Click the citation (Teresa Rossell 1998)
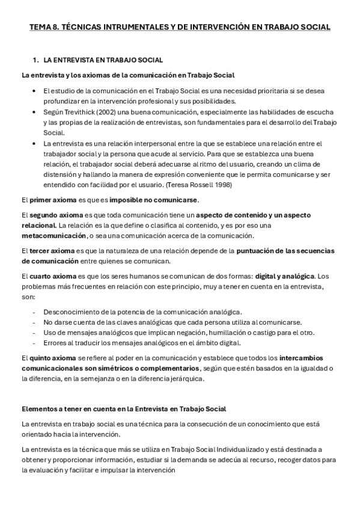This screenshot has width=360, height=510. [x=200, y=185]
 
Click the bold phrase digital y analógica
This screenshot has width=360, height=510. [x=284, y=275]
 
